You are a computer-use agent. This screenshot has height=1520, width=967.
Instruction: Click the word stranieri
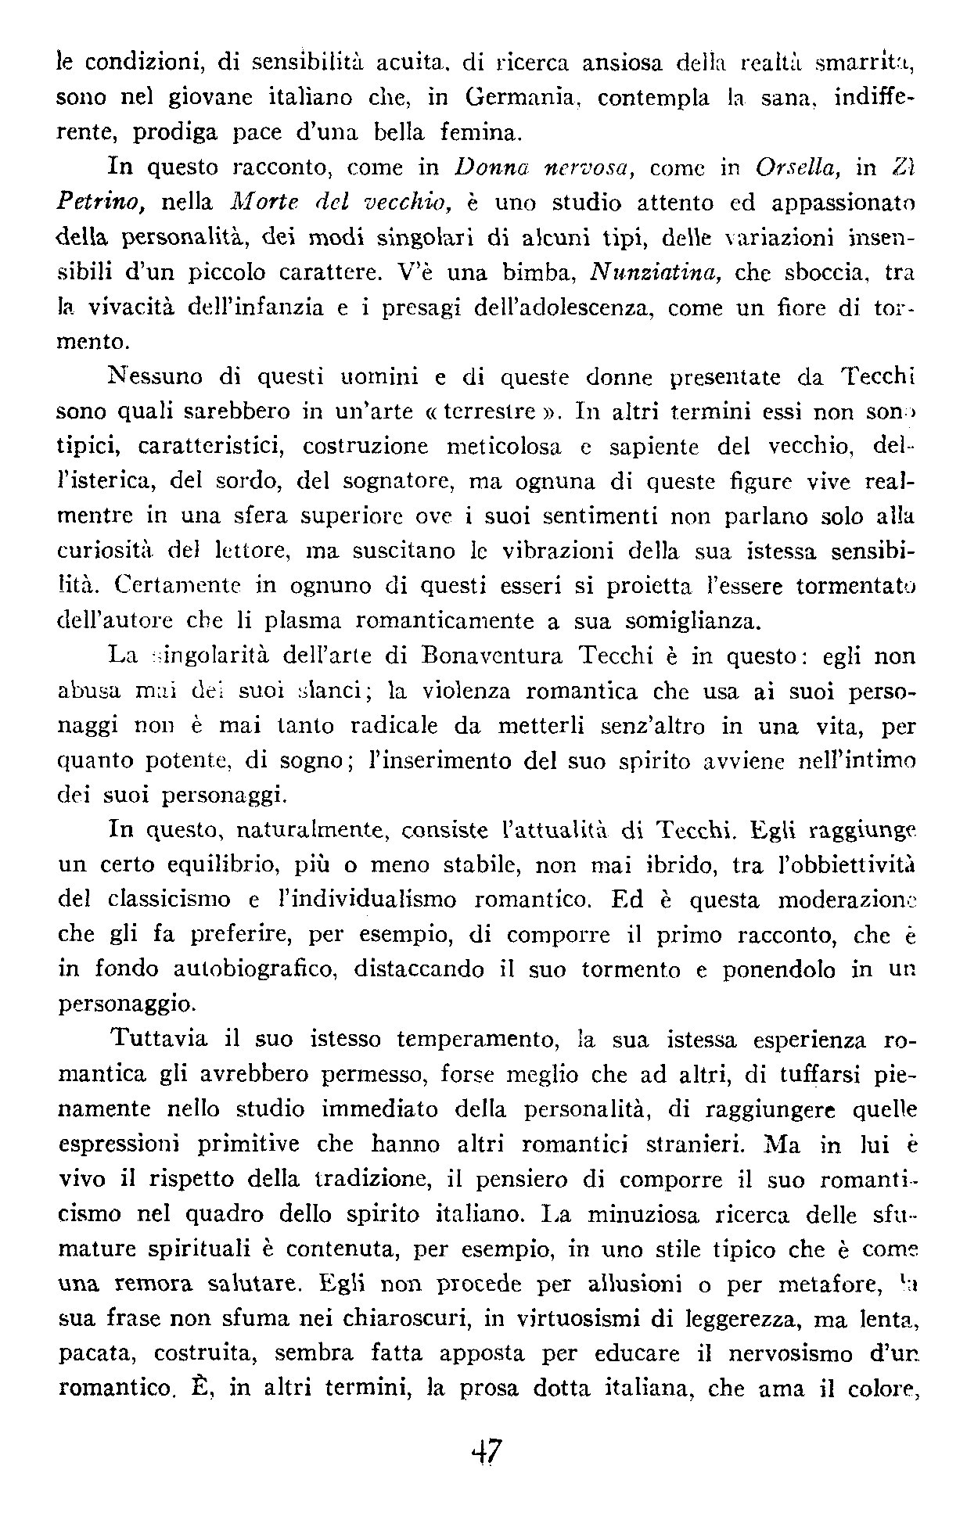(691, 1144)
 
